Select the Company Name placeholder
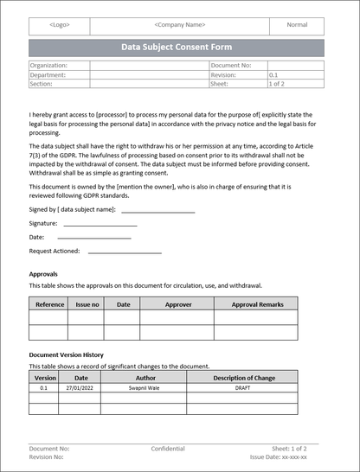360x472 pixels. click(x=179, y=26)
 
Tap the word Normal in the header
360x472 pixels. click(x=297, y=26)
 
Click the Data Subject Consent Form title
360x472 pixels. click(x=177, y=48)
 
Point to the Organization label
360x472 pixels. click(x=48, y=66)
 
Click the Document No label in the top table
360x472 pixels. click(x=231, y=66)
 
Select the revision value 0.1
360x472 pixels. click(x=274, y=75)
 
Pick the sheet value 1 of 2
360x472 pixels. click(x=279, y=85)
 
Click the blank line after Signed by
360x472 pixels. click(x=157, y=210)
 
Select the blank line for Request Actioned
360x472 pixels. click(x=125, y=252)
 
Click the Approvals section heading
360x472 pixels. click(x=43, y=274)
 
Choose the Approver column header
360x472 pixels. click(x=178, y=304)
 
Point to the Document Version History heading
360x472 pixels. click(x=67, y=355)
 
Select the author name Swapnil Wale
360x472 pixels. click(x=145, y=389)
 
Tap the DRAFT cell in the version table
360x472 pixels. click(x=242, y=389)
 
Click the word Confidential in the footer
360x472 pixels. click(x=168, y=450)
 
